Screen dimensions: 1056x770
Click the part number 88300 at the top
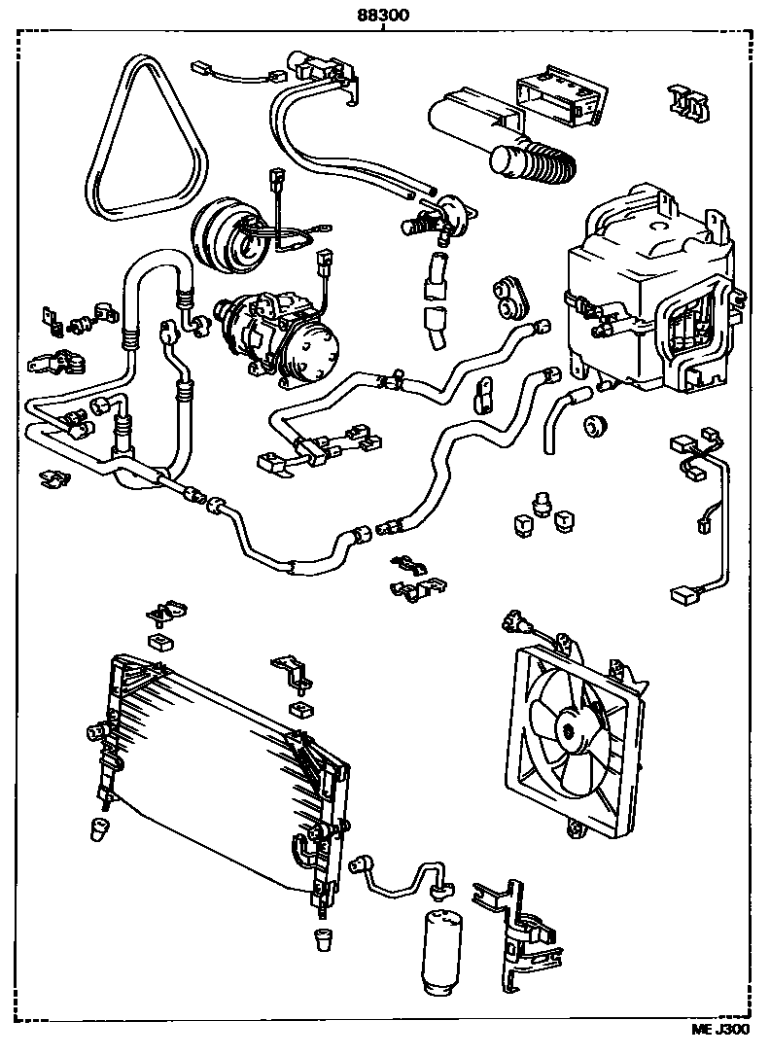pos(383,14)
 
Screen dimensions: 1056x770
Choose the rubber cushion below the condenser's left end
pos(97,828)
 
